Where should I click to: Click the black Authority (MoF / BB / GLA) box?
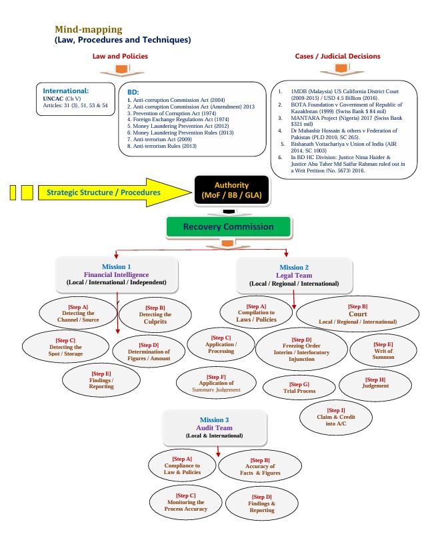tap(231, 190)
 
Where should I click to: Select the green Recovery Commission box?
tap(229, 226)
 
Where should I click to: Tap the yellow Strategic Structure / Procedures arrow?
tap(115, 192)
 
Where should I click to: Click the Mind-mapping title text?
tap(89, 29)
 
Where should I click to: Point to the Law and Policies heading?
tap(120, 57)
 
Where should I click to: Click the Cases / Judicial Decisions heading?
tap(337, 57)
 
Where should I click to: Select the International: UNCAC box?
tap(75, 99)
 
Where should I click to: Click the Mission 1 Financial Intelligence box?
tap(117, 274)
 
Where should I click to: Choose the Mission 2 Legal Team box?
tap(294, 276)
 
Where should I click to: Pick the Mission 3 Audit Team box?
tap(214, 427)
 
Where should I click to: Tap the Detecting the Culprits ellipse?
tap(155, 315)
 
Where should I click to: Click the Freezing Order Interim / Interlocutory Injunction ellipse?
tap(301, 350)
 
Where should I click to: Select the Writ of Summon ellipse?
tap(383, 351)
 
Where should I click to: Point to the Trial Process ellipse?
tap(299, 388)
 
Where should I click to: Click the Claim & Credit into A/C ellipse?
tap(336, 417)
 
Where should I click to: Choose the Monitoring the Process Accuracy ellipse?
tap(186, 502)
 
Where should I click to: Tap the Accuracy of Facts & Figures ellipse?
tap(260, 466)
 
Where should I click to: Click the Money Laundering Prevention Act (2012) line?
tap(177, 126)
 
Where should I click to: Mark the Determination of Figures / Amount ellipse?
tap(149, 352)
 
